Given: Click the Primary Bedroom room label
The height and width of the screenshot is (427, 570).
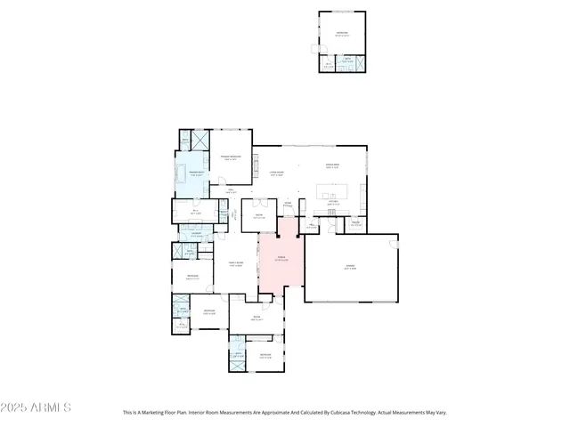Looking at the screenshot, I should click(232, 157).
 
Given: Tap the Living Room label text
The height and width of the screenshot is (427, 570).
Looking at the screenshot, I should click(276, 173).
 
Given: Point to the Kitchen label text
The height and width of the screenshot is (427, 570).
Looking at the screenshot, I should click(332, 202).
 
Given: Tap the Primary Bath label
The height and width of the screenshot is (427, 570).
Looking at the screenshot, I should click(191, 174).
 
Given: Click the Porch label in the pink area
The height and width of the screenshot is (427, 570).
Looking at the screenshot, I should click(280, 260).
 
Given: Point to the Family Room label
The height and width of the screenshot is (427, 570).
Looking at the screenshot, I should click(236, 265).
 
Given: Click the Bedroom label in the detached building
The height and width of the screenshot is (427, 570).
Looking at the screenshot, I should click(342, 34).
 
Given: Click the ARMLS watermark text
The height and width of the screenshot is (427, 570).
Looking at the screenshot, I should click(37, 407).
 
